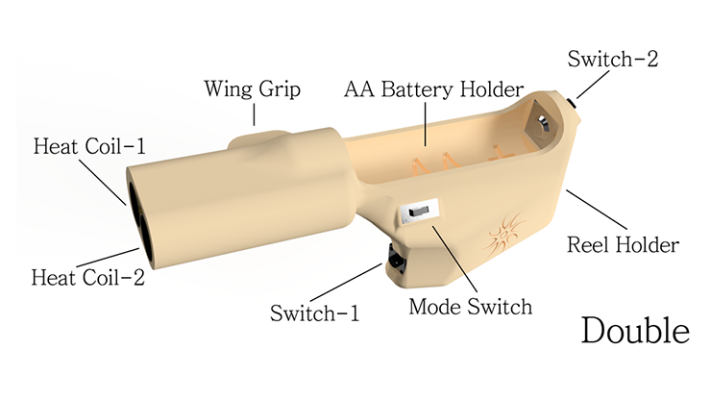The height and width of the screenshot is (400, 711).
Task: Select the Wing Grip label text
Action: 253,89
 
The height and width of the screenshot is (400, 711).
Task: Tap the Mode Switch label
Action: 470,307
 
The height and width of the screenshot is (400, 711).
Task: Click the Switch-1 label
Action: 314,313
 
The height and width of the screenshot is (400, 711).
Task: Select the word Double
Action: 635,330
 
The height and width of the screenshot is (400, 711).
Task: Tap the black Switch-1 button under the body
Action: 396,259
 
